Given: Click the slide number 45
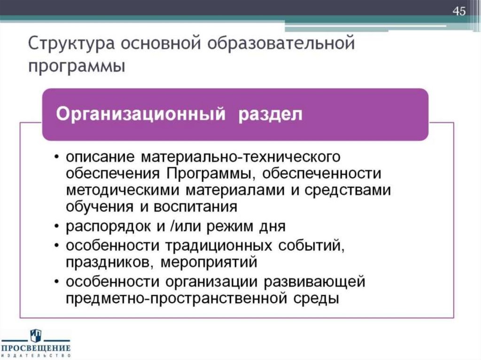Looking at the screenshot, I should point(459,11).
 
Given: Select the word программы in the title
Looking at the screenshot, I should point(77,67).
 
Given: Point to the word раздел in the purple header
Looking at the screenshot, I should point(269,114).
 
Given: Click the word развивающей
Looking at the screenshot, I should point(314,282).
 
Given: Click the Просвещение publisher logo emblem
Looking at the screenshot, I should point(36,335).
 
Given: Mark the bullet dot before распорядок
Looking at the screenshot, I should point(56,227).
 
